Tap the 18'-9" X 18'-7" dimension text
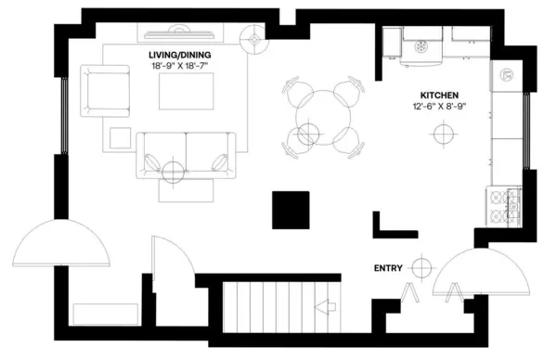185,68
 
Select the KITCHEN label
439,96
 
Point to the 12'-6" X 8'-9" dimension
439,107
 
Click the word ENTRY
388,268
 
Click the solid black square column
290,209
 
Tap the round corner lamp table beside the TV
252,40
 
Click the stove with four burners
507,208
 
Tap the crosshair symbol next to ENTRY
422,268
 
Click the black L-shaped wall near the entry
390,225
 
